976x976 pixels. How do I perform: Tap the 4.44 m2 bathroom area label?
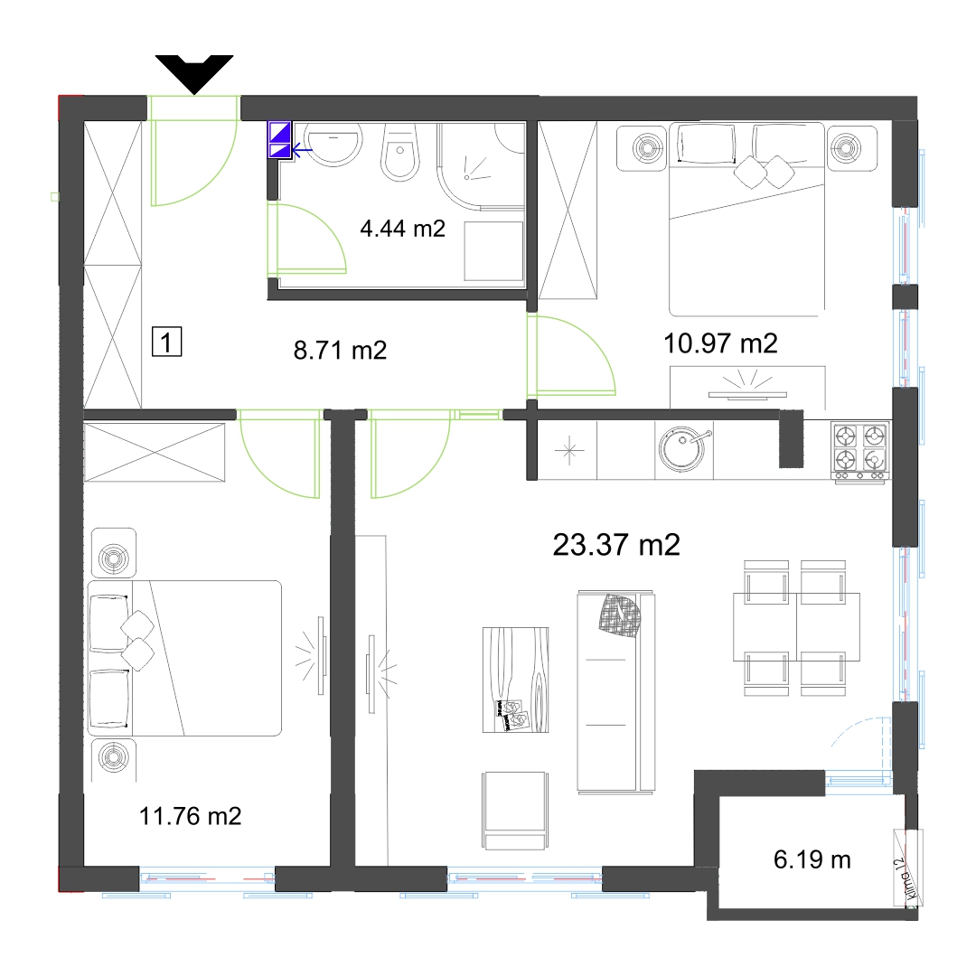pyautogui.click(x=403, y=229)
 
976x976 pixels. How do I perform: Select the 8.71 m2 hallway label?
pyautogui.click(x=340, y=350)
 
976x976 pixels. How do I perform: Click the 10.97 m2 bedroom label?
pyautogui.click(x=720, y=343)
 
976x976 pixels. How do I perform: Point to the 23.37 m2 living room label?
pyautogui.click(x=616, y=545)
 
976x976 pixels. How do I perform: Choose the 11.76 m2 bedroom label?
pyautogui.click(x=190, y=815)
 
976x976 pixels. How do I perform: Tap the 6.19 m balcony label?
pyautogui.click(x=812, y=859)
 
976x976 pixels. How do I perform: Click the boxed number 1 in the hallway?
pyautogui.click(x=167, y=342)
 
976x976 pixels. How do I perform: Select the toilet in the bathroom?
pyautogui.click(x=399, y=153)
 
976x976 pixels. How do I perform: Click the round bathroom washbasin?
pyautogui.click(x=333, y=144)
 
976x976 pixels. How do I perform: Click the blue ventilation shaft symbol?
pyautogui.click(x=279, y=139)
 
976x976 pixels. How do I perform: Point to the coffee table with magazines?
pyautogui.click(x=515, y=680)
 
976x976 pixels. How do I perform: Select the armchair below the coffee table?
pyautogui.click(x=515, y=811)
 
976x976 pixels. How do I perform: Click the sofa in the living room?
pyautogui.click(x=615, y=691)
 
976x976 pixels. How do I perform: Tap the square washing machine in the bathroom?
pyautogui.click(x=493, y=251)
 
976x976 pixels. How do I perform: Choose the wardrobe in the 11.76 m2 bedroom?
pyautogui.click(x=155, y=452)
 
